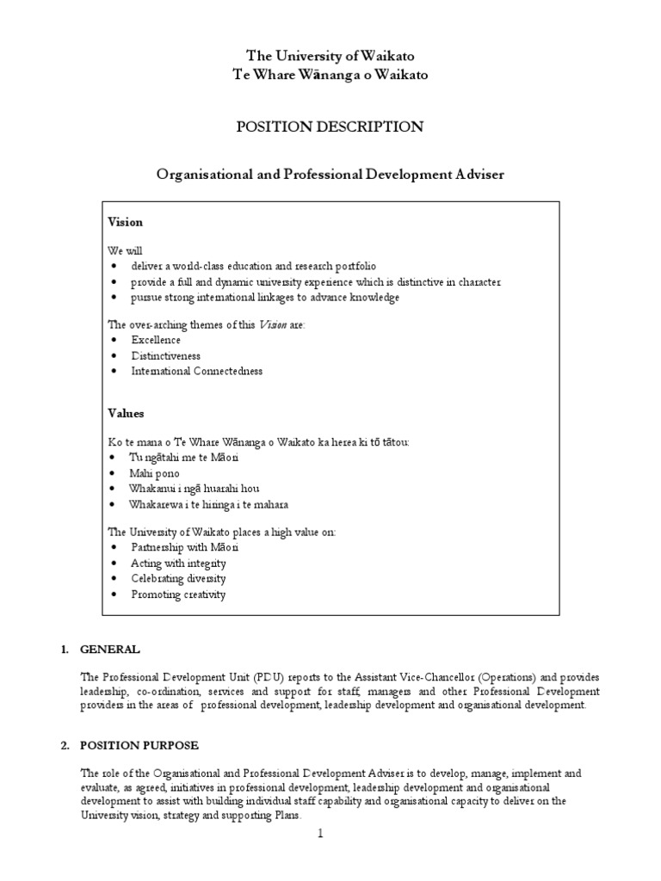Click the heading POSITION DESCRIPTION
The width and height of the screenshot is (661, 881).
click(330, 127)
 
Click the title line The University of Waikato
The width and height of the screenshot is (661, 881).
click(330, 56)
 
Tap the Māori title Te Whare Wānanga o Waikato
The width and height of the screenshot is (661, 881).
click(330, 75)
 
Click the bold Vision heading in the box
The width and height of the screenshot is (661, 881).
click(125, 222)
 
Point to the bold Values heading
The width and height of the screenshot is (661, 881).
click(126, 414)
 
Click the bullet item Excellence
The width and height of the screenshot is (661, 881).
click(156, 340)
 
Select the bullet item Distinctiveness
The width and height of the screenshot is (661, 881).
click(165, 355)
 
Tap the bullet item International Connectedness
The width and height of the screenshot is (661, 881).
click(196, 371)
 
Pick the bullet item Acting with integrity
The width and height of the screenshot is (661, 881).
click(178, 563)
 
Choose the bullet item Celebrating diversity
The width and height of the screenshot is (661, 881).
click(179, 578)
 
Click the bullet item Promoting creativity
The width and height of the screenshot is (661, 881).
click(178, 595)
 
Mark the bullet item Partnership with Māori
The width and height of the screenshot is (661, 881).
click(184, 547)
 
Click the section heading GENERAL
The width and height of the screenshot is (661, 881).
click(108, 649)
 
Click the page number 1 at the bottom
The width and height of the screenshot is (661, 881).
click(319, 834)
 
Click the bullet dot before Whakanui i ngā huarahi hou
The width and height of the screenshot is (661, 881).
click(114, 490)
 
